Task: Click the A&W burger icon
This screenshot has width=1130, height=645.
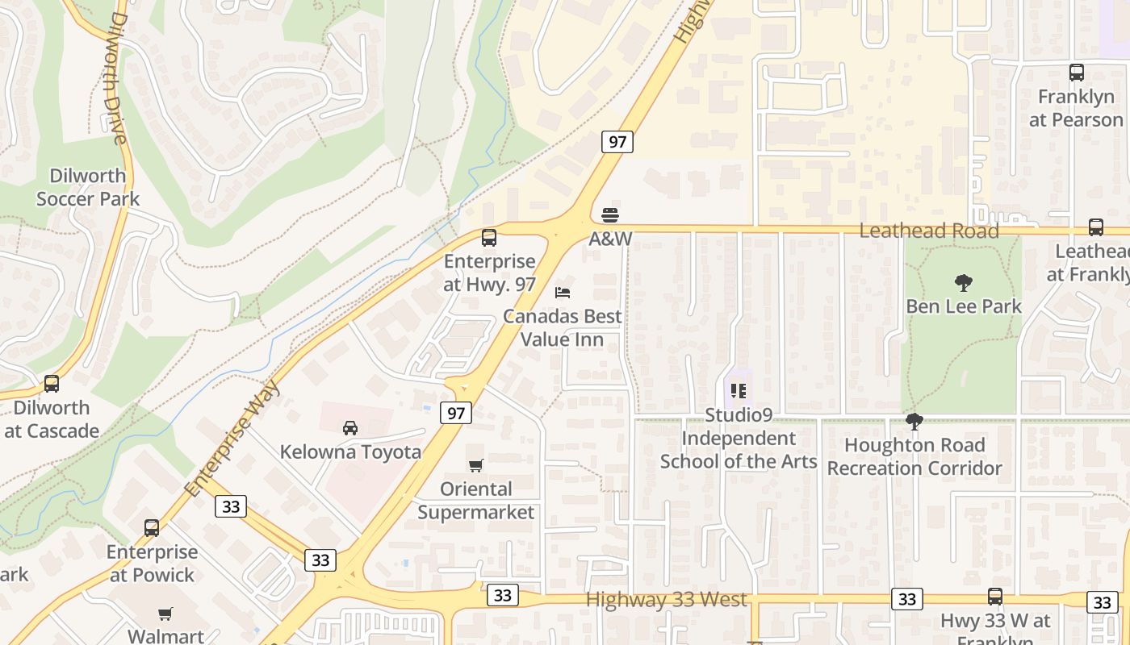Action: click(x=610, y=215)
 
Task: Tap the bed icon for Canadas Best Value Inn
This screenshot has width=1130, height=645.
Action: click(x=563, y=293)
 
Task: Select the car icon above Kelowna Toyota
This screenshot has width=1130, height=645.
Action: click(x=350, y=428)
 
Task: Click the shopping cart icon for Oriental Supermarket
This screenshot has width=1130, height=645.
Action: click(x=476, y=465)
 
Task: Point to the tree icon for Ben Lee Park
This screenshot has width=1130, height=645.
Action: click(x=963, y=283)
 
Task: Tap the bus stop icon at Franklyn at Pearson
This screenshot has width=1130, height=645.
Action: click(x=1077, y=73)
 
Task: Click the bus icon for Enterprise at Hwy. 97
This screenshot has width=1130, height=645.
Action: click(x=489, y=238)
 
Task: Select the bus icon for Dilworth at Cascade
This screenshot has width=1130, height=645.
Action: click(x=52, y=384)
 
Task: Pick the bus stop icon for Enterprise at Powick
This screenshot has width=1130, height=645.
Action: click(x=152, y=528)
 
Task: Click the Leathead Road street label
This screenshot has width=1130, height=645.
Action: click(x=929, y=231)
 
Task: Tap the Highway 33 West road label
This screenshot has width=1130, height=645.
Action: click(x=667, y=600)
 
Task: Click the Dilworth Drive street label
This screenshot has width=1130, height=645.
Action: click(x=118, y=77)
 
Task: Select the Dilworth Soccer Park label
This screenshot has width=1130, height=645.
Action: click(x=87, y=187)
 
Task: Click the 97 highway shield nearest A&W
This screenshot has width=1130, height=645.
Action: click(x=617, y=142)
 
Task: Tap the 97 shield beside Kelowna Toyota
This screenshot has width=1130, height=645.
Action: click(x=456, y=413)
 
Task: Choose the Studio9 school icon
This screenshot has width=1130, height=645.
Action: click(x=738, y=392)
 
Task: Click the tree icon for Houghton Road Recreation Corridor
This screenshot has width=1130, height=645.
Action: click(x=914, y=422)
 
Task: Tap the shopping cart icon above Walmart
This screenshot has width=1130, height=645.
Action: click(x=165, y=614)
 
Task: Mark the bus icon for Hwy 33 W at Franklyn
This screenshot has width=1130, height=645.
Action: click(x=995, y=597)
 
